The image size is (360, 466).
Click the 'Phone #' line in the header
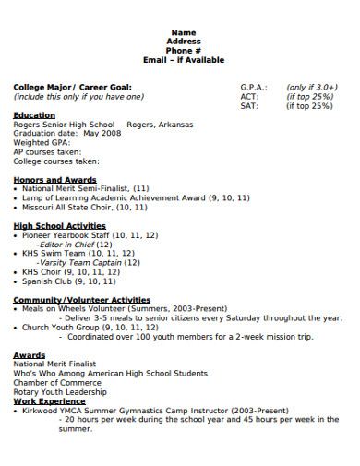coord(184,51)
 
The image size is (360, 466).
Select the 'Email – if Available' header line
coord(184,60)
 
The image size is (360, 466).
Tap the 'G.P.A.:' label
coord(254,87)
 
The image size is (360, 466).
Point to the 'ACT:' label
coord(248,96)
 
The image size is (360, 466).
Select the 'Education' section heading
coord(34,115)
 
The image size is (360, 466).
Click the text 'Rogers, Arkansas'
coord(161,125)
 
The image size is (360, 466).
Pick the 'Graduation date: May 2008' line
coord(66,134)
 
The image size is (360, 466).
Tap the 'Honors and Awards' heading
coord(54,179)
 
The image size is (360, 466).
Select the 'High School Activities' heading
coord(59,225)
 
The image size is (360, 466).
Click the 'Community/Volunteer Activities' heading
coord(81,300)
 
